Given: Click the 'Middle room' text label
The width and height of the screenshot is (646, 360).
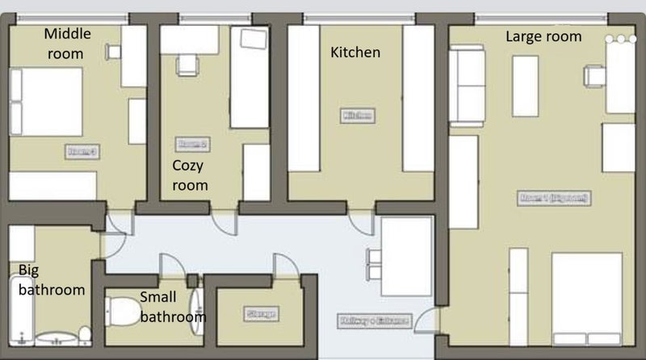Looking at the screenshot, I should click(68, 44).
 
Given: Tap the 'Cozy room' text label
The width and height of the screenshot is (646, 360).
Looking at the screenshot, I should click(190, 175).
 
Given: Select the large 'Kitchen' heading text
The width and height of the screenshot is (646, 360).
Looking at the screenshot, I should click(355, 52).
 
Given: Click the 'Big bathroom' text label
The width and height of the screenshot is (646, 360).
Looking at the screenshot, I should click(51, 279).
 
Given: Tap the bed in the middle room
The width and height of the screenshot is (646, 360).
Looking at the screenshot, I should click(47, 102).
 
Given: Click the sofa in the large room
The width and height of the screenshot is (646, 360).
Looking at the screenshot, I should click(467, 85).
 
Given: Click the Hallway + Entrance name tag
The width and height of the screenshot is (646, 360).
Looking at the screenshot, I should click(373, 320).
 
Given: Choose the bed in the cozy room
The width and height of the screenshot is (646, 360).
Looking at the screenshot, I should click(250, 77).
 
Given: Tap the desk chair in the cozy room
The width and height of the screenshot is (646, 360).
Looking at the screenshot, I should click(187, 64).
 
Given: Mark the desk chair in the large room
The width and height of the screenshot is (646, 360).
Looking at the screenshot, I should click(595, 76).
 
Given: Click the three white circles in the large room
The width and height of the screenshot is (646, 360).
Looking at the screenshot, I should click(621, 39).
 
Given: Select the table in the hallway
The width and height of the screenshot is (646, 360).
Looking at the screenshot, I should click(406, 257).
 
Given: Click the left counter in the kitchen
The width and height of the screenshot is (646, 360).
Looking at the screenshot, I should click(304, 98).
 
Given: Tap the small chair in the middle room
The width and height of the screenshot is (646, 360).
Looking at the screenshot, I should click(114, 52).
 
